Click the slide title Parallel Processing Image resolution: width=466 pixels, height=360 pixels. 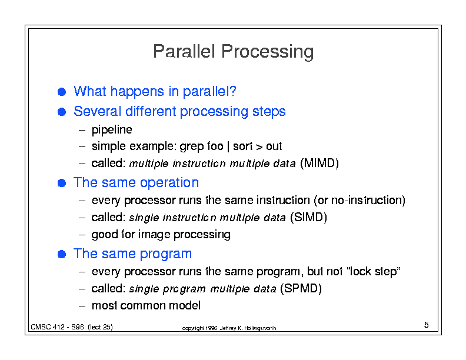(x=234, y=52)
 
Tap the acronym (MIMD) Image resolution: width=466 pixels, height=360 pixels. (x=319, y=163)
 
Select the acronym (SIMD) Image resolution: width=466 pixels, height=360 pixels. (x=308, y=217)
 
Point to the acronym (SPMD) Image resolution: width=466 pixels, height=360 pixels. (x=301, y=288)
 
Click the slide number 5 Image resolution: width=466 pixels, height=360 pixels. (x=426, y=325)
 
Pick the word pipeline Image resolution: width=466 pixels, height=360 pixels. (x=112, y=130)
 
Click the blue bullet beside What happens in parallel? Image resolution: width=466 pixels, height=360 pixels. (x=62, y=92)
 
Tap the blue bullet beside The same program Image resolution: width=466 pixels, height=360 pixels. (x=62, y=254)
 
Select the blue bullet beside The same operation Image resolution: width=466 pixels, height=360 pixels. (x=62, y=183)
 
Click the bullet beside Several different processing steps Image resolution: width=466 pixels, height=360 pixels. (x=62, y=112)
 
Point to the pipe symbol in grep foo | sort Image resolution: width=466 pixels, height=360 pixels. (x=228, y=146)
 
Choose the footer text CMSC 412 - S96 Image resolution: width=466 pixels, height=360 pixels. (x=57, y=326)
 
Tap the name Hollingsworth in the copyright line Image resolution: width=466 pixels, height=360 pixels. (x=260, y=328)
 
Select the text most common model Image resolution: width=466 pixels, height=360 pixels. (x=146, y=305)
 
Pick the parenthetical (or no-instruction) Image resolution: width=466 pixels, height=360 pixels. (x=360, y=200)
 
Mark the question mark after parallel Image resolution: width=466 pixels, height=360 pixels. (x=232, y=91)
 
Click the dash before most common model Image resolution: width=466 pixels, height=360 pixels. (x=82, y=306)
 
